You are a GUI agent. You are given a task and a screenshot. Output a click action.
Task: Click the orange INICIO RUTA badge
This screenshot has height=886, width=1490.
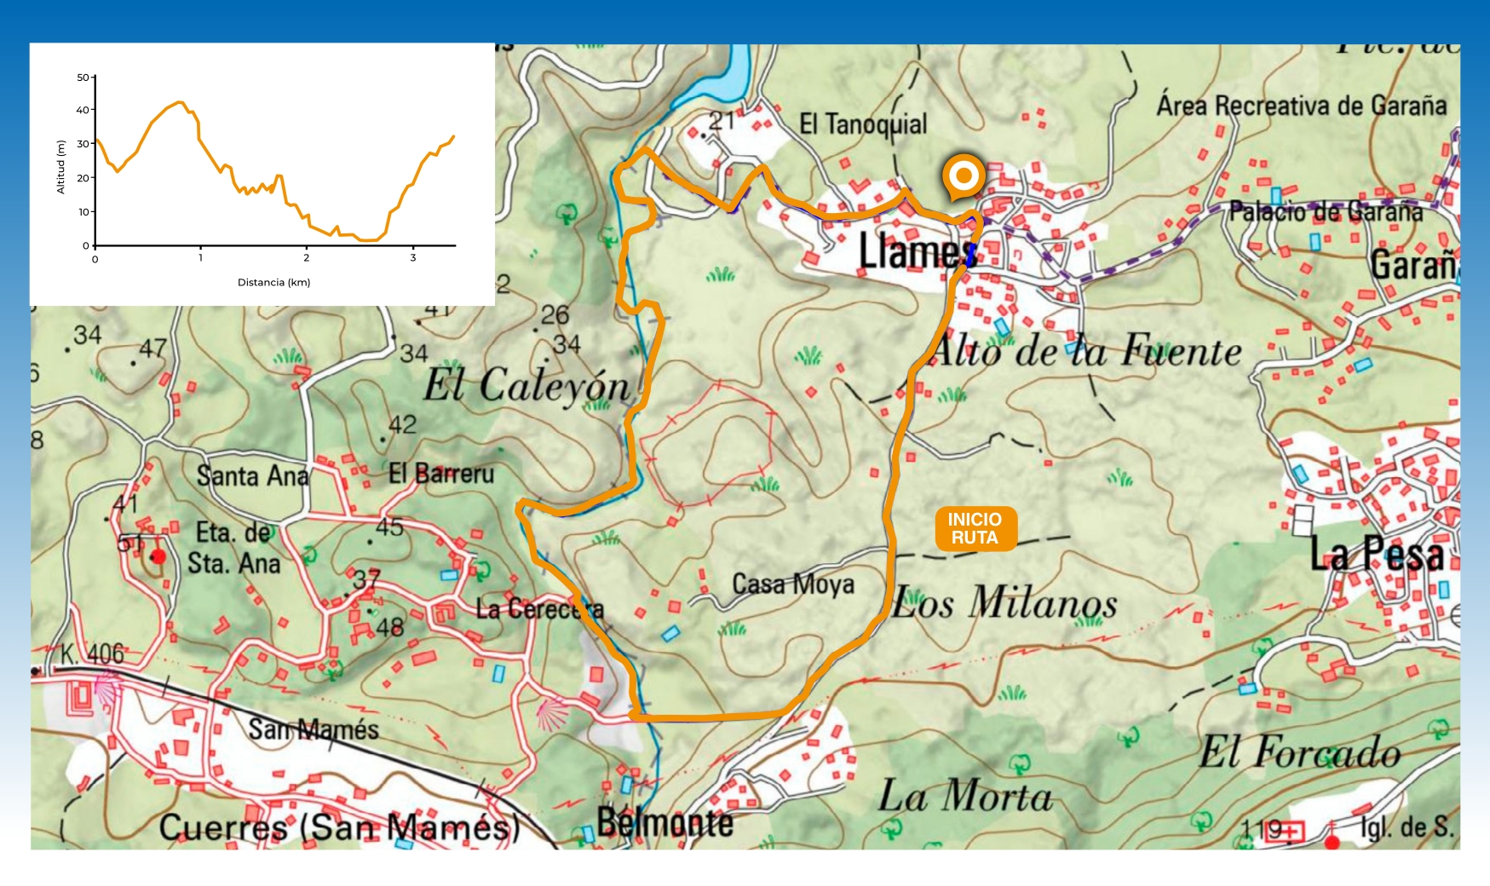tap(975, 529)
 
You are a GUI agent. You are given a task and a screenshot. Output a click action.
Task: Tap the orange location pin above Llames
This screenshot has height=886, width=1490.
tap(964, 176)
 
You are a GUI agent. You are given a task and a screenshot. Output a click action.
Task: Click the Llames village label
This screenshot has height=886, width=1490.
tap(917, 250)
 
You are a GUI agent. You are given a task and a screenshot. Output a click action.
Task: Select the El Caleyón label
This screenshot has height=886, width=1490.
tap(526, 385)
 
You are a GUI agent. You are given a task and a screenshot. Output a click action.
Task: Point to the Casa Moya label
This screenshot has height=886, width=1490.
tap(792, 584)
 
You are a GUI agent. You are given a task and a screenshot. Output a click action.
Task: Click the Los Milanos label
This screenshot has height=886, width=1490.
tap(1004, 603)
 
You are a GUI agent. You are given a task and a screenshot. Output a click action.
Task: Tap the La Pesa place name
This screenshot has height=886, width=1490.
tap(1377, 555)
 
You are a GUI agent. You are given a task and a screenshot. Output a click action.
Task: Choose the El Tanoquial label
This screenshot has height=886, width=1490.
tap(862, 124)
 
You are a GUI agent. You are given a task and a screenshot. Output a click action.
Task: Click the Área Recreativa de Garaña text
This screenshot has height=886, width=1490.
tap(1301, 106)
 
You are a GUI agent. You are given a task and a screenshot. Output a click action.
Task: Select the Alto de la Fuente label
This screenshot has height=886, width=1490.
tap(1086, 351)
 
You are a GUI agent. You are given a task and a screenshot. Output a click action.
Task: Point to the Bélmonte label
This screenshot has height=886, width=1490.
tap(664, 822)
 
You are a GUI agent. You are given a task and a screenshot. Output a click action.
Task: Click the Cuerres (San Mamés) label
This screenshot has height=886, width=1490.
tap(338, 827)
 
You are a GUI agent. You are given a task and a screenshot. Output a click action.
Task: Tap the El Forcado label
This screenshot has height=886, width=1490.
tap(1300, 752)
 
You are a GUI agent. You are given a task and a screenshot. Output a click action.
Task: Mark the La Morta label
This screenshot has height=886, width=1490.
tap(965, 797)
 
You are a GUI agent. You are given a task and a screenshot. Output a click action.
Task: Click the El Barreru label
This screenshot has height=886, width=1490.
tap(440, 474)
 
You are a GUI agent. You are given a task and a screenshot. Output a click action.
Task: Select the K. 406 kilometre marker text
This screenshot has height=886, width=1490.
tap(92, 654)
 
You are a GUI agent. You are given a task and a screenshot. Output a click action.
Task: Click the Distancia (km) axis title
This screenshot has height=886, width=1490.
tap(273, 282)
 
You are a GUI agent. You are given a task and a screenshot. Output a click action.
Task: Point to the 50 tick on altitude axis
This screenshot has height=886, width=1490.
tap(83, 78)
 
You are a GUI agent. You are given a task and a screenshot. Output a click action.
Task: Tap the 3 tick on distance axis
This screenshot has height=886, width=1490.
tap(413, 258)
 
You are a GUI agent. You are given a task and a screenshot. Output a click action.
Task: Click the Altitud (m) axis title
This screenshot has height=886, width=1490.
tap(60, 167)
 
